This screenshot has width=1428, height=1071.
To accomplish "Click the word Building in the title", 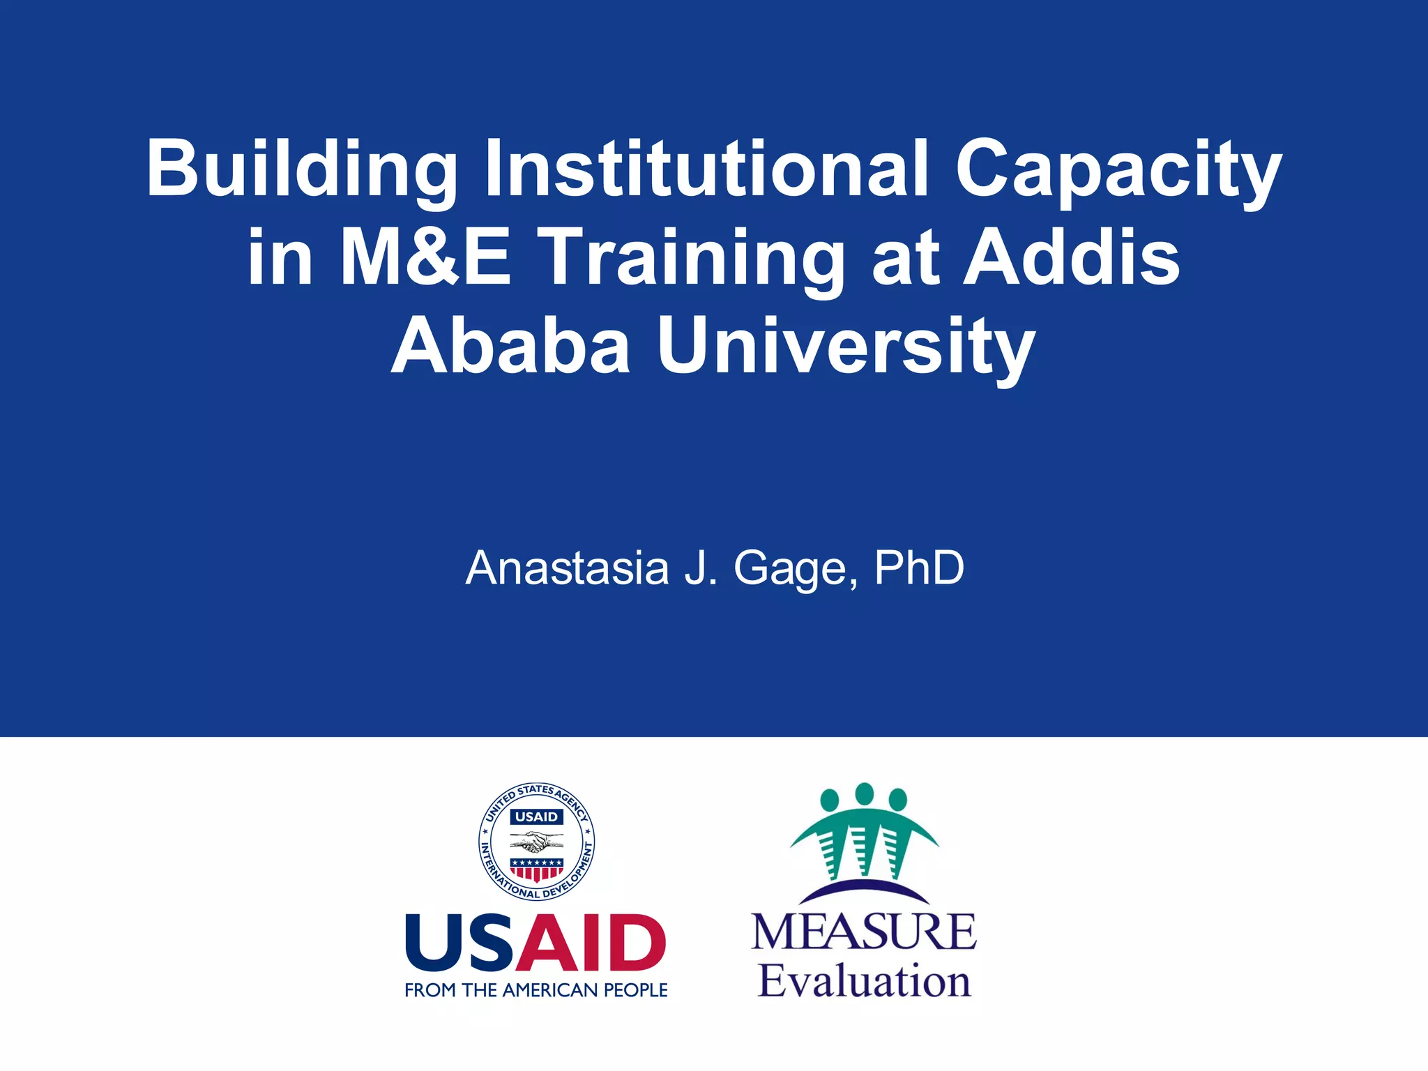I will tap(301, 169).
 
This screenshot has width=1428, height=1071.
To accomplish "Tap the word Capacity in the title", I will tap(1118, 169).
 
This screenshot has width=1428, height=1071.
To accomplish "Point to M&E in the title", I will tap(425, 257).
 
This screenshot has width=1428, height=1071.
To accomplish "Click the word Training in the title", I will tap(691, 259).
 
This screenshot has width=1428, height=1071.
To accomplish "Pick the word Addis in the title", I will tap(1071, 257).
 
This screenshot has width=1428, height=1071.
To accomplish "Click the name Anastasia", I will tap(567, 568).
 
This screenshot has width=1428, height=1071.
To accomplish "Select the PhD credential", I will tap(919, 568).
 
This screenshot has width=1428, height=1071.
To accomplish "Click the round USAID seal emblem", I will tap(536, 841).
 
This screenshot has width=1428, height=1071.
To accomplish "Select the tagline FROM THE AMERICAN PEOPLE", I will tap(535, 990).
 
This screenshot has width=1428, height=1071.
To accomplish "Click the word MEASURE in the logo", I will tap(864, 932).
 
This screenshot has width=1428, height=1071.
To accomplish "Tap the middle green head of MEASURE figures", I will tap(864, 794).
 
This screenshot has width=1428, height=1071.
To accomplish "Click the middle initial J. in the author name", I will tap(701, 568).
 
